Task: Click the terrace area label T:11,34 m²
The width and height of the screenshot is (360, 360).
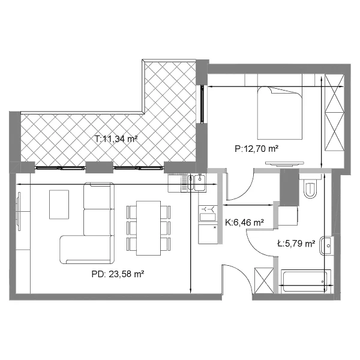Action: (116, 139)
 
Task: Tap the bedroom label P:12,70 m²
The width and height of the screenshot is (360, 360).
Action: (256, 149)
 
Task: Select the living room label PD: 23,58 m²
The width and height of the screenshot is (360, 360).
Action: (118, 274)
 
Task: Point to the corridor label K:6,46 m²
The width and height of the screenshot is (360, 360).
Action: (244, 222)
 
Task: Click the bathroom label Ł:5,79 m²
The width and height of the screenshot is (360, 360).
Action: (296, 244)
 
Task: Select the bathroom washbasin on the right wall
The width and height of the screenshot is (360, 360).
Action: (326, 245)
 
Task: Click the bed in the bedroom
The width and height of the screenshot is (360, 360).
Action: (280, 113)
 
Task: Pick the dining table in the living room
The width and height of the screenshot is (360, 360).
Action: (148, 228)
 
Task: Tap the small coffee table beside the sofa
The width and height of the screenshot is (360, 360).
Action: (59, 205)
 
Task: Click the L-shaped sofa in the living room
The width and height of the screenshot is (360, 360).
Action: (87, 223)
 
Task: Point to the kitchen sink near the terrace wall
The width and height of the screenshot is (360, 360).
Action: (197, 182)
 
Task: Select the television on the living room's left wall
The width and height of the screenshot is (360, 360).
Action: (19, 211)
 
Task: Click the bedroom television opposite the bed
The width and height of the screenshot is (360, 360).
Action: (284, 163)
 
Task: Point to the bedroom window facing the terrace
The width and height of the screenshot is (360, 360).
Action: (202, 104)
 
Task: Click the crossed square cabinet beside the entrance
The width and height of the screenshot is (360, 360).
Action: (264, 280)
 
